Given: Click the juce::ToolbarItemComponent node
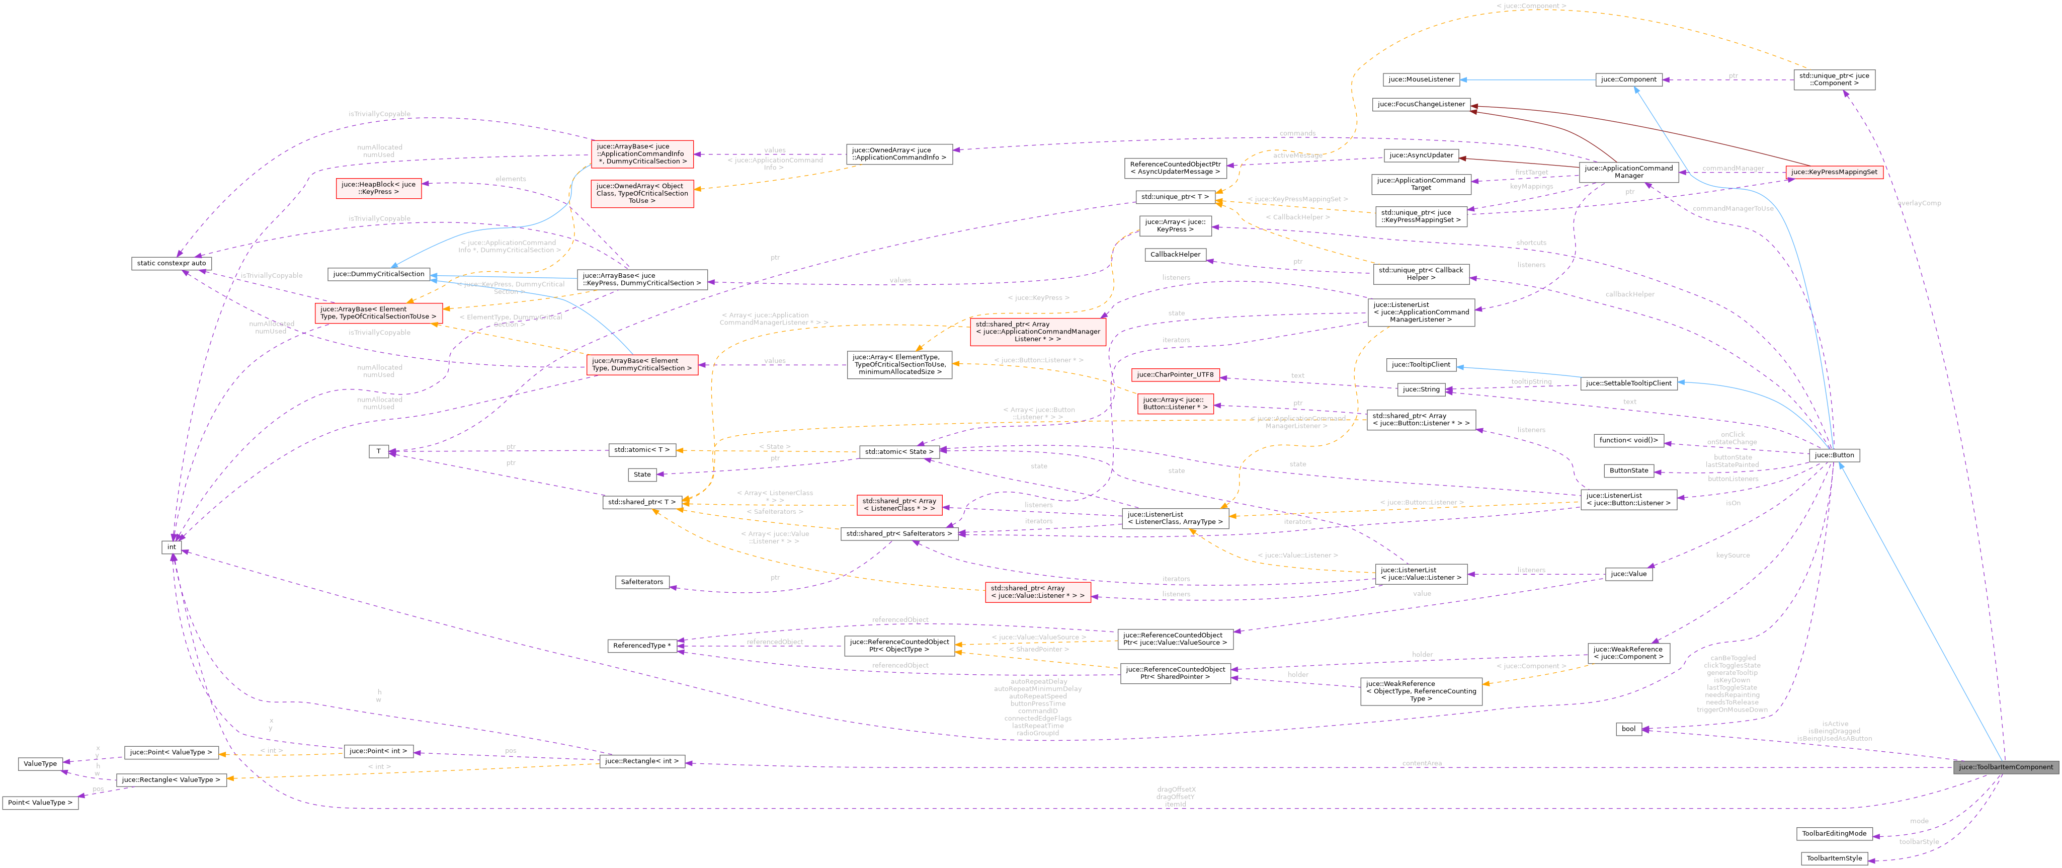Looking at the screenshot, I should coord(2005,767).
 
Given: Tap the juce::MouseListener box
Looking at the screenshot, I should coord(1421,80).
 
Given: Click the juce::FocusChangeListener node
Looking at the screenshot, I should coord(1421,104).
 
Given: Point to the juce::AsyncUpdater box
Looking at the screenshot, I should coord(1421,155).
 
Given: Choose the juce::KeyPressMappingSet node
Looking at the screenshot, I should coord(1834,172).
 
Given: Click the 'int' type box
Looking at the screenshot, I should coord(172,547).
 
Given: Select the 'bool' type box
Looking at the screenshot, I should coord(1628,729).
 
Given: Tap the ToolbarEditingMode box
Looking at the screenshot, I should coord(1834,834).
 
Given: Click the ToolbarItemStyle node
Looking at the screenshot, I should coord(1834,858).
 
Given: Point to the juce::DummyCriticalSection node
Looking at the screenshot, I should coord(379,274).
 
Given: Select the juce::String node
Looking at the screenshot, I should coord(1421,389).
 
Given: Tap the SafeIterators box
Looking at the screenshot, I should coord(642,582).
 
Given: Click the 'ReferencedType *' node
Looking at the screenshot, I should coord(642,646).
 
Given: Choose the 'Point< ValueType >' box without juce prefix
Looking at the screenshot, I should coord(40,803).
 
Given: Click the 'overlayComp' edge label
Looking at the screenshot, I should coord(1919,203).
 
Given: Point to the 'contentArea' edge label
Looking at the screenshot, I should coord(1422,763).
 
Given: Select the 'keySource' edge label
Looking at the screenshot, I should coord(1733,555).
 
